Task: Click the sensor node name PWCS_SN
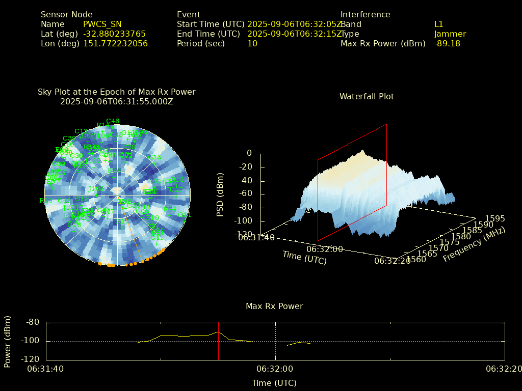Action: [102, 24]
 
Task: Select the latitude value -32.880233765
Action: [114, 34]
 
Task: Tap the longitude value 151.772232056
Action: [115, 44]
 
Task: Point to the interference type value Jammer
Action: [450, 34]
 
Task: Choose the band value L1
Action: [438, 24]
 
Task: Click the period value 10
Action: [252, 44]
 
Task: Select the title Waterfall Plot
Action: [367, 97]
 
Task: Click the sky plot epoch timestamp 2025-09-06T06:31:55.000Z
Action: [117, 101]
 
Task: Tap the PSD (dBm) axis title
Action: [220, 193]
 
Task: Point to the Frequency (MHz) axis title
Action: [474, 244]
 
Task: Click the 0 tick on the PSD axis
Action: [249, 153]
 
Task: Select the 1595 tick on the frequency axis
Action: [495, 219]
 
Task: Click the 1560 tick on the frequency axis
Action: [417, 259]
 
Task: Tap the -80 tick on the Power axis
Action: [33, 322]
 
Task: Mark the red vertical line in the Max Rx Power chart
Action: [218, 341]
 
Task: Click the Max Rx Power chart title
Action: [274, 306]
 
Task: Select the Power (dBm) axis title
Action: [8, 341]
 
